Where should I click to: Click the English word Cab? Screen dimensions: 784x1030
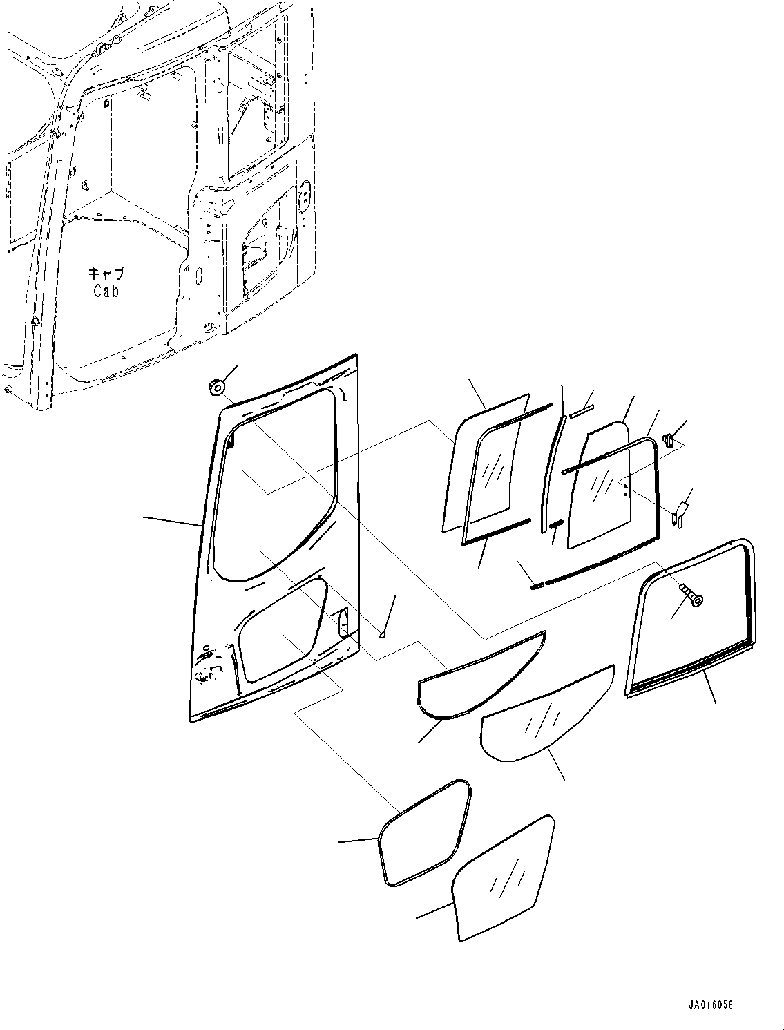106,291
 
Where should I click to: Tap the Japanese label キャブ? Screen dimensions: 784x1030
106,273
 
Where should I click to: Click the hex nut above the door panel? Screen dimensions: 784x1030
216,387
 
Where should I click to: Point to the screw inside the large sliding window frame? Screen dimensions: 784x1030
691,593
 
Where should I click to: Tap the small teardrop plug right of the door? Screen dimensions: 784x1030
383,636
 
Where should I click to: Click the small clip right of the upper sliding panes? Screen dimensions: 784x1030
668,440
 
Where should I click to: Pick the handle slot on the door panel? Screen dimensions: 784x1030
344,621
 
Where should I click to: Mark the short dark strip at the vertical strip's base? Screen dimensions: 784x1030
557,524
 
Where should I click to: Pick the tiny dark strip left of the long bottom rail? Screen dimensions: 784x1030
537,586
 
